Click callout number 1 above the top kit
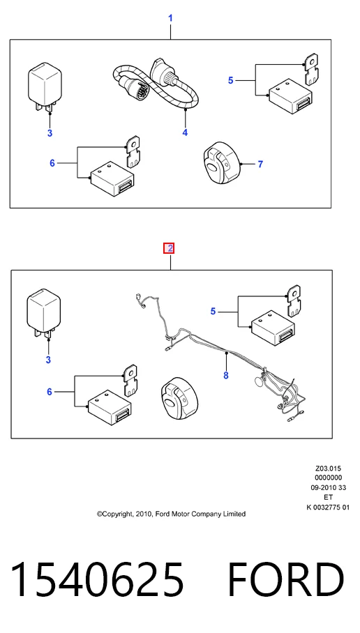click(170, 18)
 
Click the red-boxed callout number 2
click(170, 248)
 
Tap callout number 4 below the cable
click(185, 132)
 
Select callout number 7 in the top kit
click(260, 165)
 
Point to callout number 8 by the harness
click(226, 376)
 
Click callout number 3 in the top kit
click(50, 133)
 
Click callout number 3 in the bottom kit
click(48, 360)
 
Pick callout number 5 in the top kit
click(230, 80)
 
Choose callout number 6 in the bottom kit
click(50, 392)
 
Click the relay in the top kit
click(45, 87)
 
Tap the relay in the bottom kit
click(43, 313)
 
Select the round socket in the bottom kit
click(179, 399)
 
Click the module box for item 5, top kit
click(291, 96)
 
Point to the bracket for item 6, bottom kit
click(130, 381)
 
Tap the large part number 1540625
click(97, 579)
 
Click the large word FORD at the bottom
click(285, 579)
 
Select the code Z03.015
click(328, 468)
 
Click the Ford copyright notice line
click(171, 514)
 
